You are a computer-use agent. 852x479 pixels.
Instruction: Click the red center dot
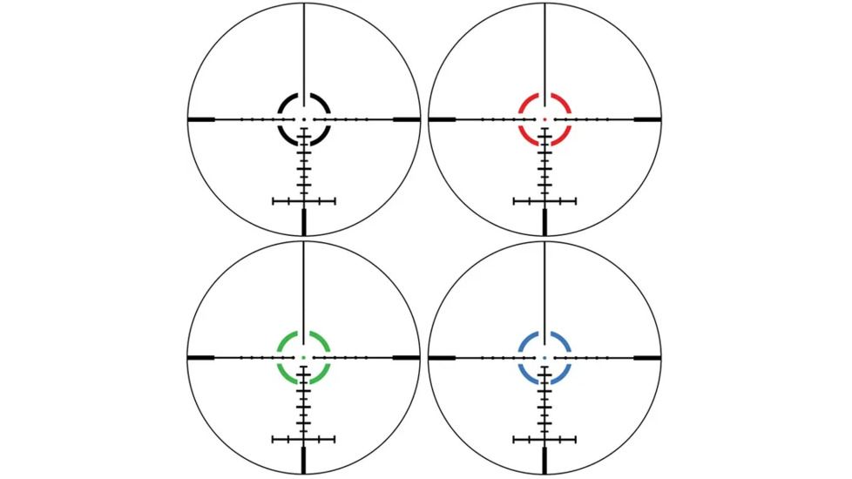coord(544,118)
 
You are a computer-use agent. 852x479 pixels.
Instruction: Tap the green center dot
coord(304,358)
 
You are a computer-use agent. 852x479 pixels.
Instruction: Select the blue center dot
coord(544,358)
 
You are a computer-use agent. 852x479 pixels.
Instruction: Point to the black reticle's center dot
coord(304,118)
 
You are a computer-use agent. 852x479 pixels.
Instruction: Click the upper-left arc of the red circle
coord(527,101)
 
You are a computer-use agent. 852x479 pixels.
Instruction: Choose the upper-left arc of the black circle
coord(286,101)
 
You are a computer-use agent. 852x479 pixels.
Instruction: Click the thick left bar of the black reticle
coord(202,118)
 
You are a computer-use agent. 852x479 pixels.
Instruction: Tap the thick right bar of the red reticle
coord(647,118)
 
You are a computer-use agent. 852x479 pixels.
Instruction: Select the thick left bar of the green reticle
coord(202,358)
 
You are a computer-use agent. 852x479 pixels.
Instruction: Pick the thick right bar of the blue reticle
coord(647,358)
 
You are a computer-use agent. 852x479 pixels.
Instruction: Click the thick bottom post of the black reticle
coord(304,221)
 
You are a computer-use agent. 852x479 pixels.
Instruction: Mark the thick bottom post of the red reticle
coord(544,221)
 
